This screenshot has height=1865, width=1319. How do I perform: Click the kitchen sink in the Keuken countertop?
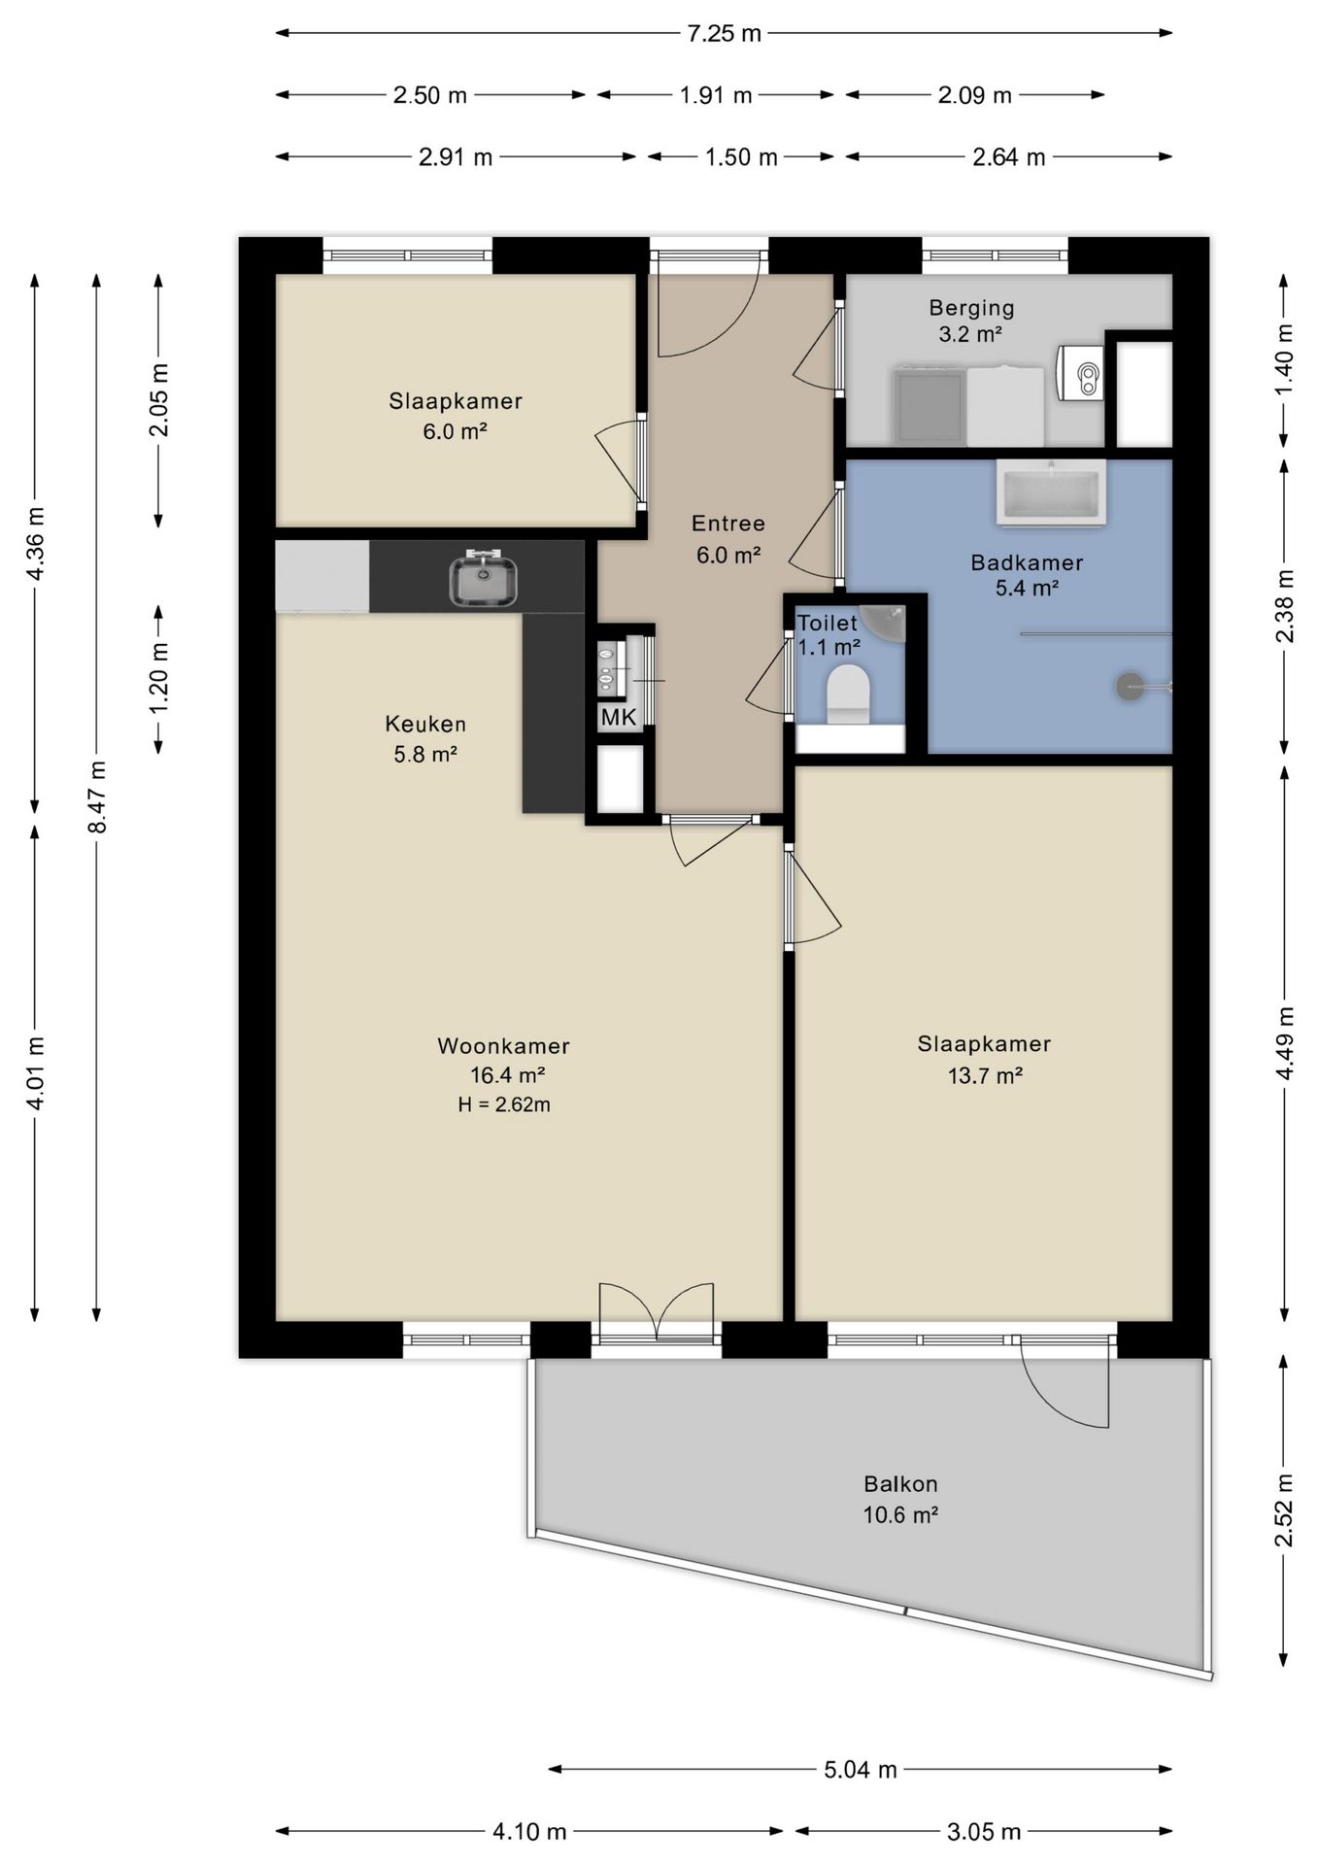483,577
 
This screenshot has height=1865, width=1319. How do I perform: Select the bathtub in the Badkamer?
1051,492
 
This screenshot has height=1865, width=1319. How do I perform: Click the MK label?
619,718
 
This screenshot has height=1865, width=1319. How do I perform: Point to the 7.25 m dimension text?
725,33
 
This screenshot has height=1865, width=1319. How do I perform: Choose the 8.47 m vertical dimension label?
97,797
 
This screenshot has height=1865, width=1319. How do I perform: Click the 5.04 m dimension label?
861,1770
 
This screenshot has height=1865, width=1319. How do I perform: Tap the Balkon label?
900,1484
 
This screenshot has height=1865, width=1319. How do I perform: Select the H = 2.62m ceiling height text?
504,1104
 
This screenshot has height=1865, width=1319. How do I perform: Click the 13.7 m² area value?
985,1075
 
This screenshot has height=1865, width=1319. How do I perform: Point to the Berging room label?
971,308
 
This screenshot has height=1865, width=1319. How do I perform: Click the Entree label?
728,524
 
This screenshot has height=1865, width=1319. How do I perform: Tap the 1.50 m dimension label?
741,157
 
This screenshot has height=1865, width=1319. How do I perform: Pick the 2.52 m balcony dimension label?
1285,1510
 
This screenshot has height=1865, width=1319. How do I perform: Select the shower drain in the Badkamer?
1130,687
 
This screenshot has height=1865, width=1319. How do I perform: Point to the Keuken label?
425,724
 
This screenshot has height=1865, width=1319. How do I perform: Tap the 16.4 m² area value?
507,1075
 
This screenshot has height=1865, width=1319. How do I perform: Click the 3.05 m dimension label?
984,1832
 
